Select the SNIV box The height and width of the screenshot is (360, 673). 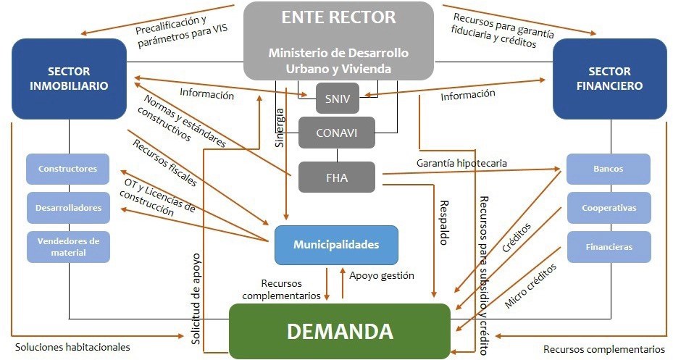337,99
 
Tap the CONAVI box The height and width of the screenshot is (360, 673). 337,133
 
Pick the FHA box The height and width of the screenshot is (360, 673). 337,177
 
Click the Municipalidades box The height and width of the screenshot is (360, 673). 336,245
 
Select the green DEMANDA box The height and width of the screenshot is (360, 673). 340,331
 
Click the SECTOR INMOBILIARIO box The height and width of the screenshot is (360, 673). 69,79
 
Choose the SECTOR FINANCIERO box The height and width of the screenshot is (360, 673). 609,79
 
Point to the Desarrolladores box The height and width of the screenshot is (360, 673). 68,207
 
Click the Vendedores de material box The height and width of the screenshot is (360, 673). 68,246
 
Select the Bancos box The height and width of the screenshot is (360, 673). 608,169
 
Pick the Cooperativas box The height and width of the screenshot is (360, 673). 609,207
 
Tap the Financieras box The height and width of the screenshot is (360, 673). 609,246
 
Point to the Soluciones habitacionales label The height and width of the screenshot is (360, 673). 72,347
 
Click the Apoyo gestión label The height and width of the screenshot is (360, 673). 381,275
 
